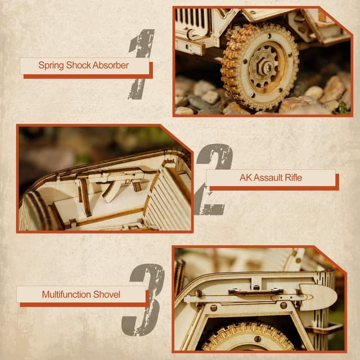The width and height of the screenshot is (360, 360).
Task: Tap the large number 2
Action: click(x=214, y=179)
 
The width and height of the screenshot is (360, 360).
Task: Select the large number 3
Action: click(x=145, y=299)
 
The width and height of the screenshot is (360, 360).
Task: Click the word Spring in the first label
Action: click(x=51, y=65)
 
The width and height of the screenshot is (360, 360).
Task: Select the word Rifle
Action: click(x=292, y=178)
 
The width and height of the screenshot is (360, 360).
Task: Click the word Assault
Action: click(x=268, y=178)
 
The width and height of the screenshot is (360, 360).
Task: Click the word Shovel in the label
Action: click(x=107, y=294)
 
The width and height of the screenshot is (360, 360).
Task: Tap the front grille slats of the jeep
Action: click(x=193, y=20)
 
